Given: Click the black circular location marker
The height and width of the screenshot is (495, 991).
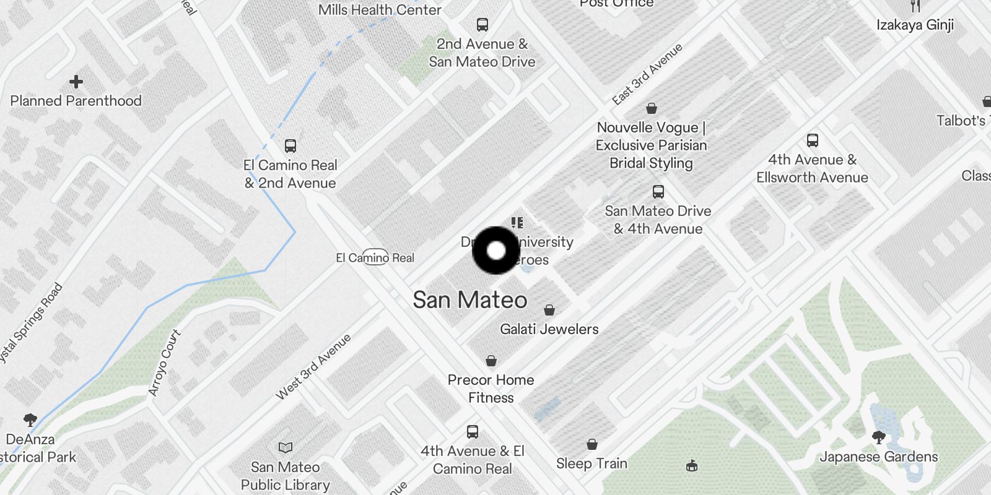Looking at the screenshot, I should (496, 251).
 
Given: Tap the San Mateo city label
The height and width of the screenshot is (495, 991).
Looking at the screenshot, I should (470, 300).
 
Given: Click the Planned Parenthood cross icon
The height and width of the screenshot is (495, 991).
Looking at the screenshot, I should (76, 82).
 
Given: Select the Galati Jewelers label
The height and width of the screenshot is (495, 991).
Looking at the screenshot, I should (549, 329).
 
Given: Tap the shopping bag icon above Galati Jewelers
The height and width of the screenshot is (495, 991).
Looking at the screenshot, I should (549, 310).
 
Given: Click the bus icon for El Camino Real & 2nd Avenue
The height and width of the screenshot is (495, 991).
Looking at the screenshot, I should (290, 146).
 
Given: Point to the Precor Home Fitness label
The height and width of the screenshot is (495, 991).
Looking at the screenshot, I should (491, 389).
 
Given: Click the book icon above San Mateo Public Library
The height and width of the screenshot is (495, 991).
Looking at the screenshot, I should (286, 447).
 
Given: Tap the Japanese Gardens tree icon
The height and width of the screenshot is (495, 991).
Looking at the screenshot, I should (878, 437).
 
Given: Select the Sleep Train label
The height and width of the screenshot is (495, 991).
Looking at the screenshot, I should (592, 463).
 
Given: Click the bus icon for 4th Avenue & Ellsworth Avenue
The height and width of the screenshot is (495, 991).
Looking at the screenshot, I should (813, 140).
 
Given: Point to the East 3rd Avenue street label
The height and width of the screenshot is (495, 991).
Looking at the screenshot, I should (647, 74).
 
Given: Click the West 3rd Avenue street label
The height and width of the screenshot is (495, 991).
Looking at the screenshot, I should (313, 366).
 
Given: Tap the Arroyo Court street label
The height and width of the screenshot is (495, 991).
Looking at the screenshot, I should (165, 363).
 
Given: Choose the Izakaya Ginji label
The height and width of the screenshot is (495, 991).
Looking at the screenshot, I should (915, 25).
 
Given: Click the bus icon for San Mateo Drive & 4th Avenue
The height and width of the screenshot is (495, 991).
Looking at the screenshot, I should (658, 192).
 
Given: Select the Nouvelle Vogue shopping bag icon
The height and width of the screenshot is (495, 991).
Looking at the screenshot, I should (651, 109).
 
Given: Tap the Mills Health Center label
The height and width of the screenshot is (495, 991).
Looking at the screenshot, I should (380, 10).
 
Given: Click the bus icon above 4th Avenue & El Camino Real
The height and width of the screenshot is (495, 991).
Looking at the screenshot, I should (473, 431).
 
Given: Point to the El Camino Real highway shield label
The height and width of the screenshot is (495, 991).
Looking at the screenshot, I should (375, 257).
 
